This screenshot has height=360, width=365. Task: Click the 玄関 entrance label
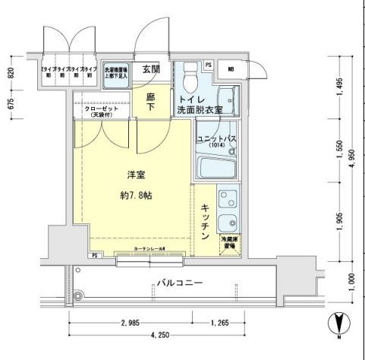tap(150, 69)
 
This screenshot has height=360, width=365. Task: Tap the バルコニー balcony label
tap(179, 283)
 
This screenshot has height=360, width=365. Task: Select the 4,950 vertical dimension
tap(351, 161)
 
